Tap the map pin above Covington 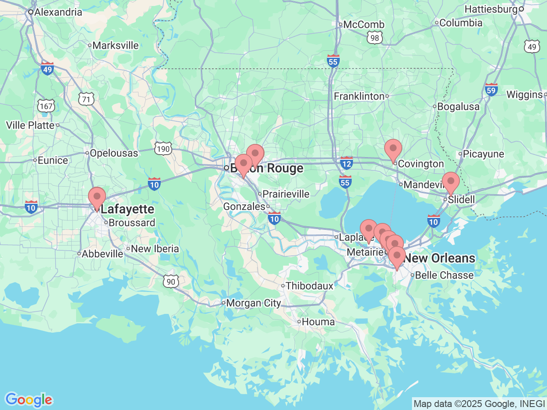tap(393, 150)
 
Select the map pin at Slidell tap(450, 182)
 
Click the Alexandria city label tap(58, 12)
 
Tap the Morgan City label tap(253, 303)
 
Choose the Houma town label tap(318, 322)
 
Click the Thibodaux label tap(309, 286)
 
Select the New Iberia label tap(155, 249)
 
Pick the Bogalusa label tap(458, 107)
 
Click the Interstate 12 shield tap(347, 163)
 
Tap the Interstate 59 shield tap(491, 90)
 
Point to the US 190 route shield tap(163, 149)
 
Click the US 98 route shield tap(375, 38)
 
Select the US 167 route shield tap(46, 106)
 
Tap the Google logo tap(29, 400)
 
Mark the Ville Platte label tap(30, 125)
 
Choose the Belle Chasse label tap(444, 275)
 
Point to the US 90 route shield tap(171, 281)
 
